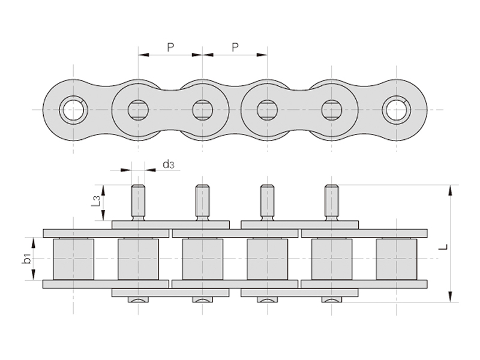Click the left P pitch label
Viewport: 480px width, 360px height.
(170, 47)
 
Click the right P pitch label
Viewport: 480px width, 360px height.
(235, 47)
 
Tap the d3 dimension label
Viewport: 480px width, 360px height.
(169, 164)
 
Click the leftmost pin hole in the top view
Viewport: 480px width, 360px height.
(73, 110)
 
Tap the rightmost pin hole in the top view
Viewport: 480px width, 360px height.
(396, 110)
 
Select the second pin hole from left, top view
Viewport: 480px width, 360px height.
(138, 110)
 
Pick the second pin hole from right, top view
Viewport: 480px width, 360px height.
(331, 110)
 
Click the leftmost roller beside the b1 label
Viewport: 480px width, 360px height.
(73, 259)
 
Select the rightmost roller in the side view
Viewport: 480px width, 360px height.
(396, 259)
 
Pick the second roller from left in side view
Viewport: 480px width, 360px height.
(138, 259)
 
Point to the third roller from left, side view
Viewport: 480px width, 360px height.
(202, 259)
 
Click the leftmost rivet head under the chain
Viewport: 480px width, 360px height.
(138, 299)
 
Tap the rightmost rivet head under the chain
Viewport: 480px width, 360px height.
(331, 299)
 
